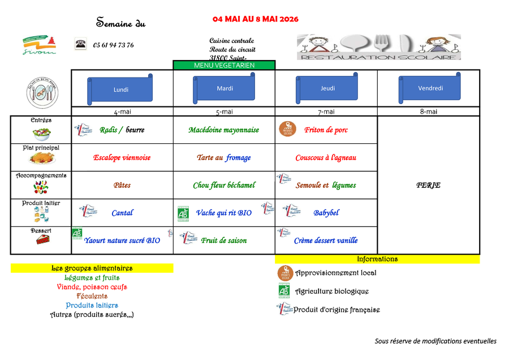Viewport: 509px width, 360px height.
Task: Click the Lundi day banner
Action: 121,89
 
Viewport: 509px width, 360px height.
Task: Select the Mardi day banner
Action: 225,88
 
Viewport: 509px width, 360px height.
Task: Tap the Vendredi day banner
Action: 430,88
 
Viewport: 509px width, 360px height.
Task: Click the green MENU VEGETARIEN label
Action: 224,65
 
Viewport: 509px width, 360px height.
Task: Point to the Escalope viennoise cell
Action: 122,158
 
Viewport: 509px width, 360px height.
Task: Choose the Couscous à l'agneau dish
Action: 326,158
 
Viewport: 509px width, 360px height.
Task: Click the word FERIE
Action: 428,185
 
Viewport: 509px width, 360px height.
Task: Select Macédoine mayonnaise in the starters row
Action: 224,130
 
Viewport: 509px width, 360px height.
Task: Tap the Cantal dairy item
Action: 122,213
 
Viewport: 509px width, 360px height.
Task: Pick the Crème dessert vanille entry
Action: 326,241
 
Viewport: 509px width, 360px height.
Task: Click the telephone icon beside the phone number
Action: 80,44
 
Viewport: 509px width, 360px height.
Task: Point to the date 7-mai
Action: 326,112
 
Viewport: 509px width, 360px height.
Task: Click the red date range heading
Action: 256,19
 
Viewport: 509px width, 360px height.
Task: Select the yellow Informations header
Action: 377,259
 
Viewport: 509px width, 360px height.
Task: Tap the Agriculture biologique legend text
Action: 332,292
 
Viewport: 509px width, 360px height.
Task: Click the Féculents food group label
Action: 92,296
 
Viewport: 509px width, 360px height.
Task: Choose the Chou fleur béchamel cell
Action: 224,185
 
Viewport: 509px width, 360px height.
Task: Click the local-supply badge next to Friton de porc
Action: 288,129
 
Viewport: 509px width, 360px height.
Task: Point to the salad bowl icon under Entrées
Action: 41,133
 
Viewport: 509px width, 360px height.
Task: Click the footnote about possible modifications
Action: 435,341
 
